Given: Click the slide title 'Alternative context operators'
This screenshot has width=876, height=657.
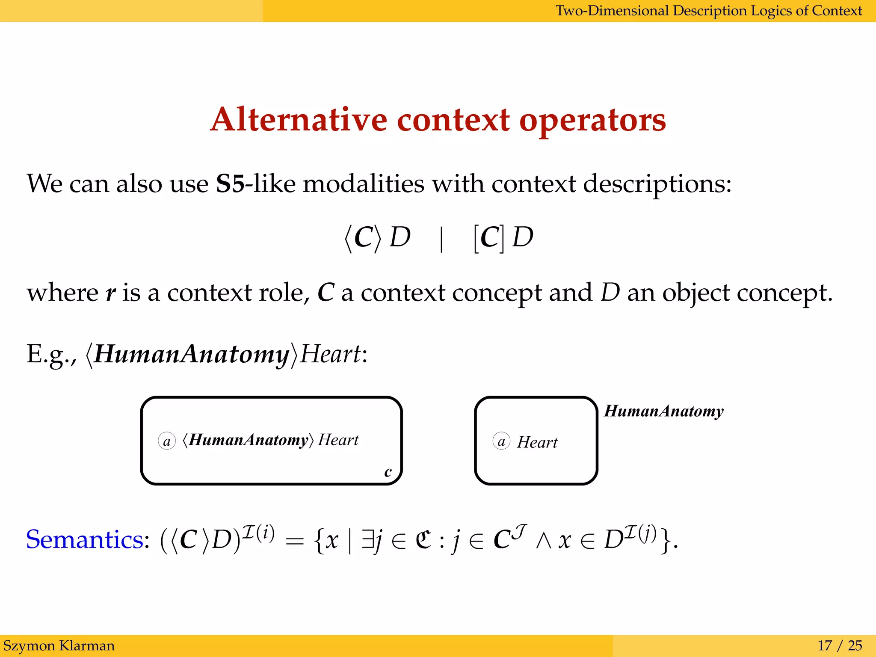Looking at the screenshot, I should tap(438, 120).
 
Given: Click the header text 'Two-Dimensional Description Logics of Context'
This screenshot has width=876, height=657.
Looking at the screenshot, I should tap(708, 10).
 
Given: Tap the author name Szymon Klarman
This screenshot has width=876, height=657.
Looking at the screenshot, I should tap(59, 645).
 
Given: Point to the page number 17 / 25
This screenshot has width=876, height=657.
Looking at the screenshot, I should tap(840, 645).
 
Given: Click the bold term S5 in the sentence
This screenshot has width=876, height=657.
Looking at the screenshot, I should tap(230, 184).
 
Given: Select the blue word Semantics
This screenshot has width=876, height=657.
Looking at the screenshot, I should tap(85, 539).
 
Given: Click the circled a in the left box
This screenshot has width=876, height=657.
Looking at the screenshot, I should tap(167, 441).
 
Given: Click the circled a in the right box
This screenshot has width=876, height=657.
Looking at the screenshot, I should tap(501, 441).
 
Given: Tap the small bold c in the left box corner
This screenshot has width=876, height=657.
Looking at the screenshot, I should tap(388, 472).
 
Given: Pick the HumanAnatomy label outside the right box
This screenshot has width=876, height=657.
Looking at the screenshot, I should tap(664, 411).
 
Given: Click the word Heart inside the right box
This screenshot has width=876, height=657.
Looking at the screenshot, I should tap(537, 442).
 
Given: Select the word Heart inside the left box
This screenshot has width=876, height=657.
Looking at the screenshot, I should tap(338, 440).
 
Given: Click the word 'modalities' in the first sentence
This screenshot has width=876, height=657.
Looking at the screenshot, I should tap(364, 184).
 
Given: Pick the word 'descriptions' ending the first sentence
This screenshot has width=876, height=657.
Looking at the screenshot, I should tap(654, 184).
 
